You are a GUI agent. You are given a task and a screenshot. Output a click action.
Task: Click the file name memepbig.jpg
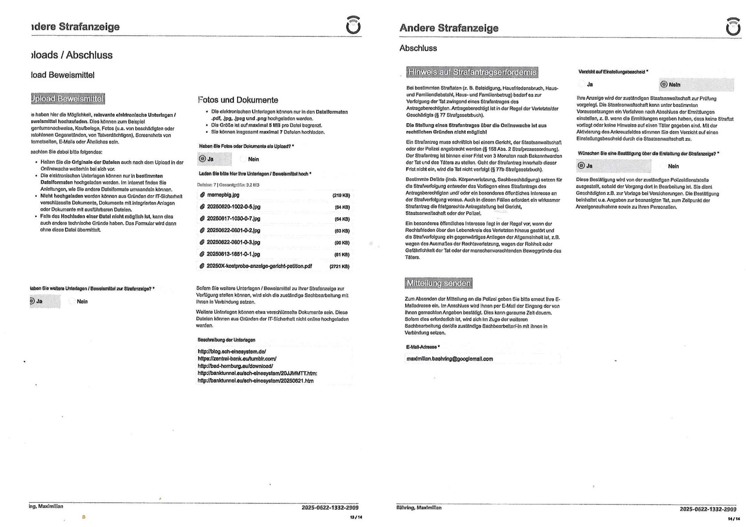pos(223,195)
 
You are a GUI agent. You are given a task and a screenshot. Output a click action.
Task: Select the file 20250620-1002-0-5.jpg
pos(233,207)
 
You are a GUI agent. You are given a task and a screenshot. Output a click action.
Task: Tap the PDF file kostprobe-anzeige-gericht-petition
pos(259,266)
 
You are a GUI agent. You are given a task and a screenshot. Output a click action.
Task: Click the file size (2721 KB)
pos(339,266)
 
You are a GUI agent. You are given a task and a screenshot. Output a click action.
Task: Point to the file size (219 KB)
pos(341,195)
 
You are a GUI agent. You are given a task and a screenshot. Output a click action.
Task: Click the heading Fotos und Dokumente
pos(238,100)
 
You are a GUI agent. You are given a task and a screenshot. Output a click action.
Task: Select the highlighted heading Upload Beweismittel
pos(68,98)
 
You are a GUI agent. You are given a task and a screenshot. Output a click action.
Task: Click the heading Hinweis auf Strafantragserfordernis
pos(472,72)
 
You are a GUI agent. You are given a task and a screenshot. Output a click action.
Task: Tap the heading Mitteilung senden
pos(438,283)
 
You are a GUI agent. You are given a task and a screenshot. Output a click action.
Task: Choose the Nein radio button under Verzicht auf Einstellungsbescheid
pos(664,84)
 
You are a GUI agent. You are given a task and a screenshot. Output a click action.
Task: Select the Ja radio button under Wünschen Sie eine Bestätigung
pos(581,166)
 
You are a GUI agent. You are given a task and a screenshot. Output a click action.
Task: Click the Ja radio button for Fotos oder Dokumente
pos(202,159)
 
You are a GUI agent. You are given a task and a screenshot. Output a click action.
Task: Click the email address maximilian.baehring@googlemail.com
pos(450,359)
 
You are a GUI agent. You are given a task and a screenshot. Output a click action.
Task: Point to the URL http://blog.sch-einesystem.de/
pos(232,352)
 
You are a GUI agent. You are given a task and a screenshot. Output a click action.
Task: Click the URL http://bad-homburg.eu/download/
pos(235,366)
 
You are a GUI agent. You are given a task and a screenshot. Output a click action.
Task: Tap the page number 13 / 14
pos(356,517)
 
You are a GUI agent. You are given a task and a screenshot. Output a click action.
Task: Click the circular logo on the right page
pos(733,27)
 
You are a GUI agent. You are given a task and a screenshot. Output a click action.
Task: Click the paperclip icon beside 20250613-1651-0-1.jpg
pos(202,254)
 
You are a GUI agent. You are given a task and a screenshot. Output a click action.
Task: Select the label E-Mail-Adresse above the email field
pos(422,347)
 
